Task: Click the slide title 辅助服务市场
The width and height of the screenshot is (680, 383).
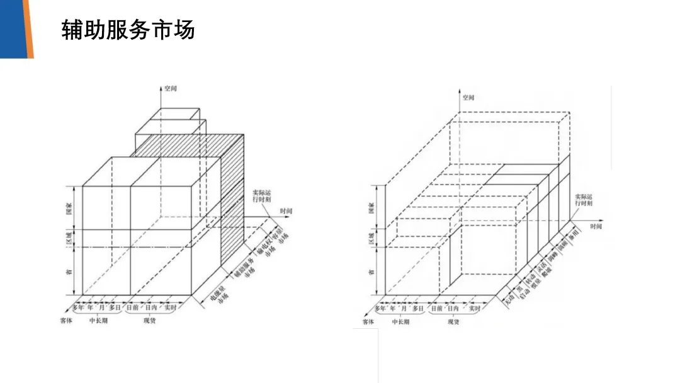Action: click(128, 30)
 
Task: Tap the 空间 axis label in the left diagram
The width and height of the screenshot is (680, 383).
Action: click(170, 88)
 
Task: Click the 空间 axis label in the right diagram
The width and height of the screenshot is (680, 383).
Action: click(468, 98)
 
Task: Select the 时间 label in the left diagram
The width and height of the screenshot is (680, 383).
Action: click(286, 210)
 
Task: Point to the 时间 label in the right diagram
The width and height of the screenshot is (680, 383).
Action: click(596, 225)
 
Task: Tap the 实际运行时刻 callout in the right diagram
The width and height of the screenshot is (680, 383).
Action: click(583, 200)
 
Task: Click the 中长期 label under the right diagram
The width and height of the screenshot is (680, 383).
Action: click(400, 322)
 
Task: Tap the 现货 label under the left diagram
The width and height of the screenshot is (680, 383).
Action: click(149, 321)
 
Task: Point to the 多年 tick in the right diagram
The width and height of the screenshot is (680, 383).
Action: click(380, 309)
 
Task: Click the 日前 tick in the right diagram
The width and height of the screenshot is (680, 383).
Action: click(436, 309)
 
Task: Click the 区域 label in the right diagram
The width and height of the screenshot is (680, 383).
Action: click(371, 238)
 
